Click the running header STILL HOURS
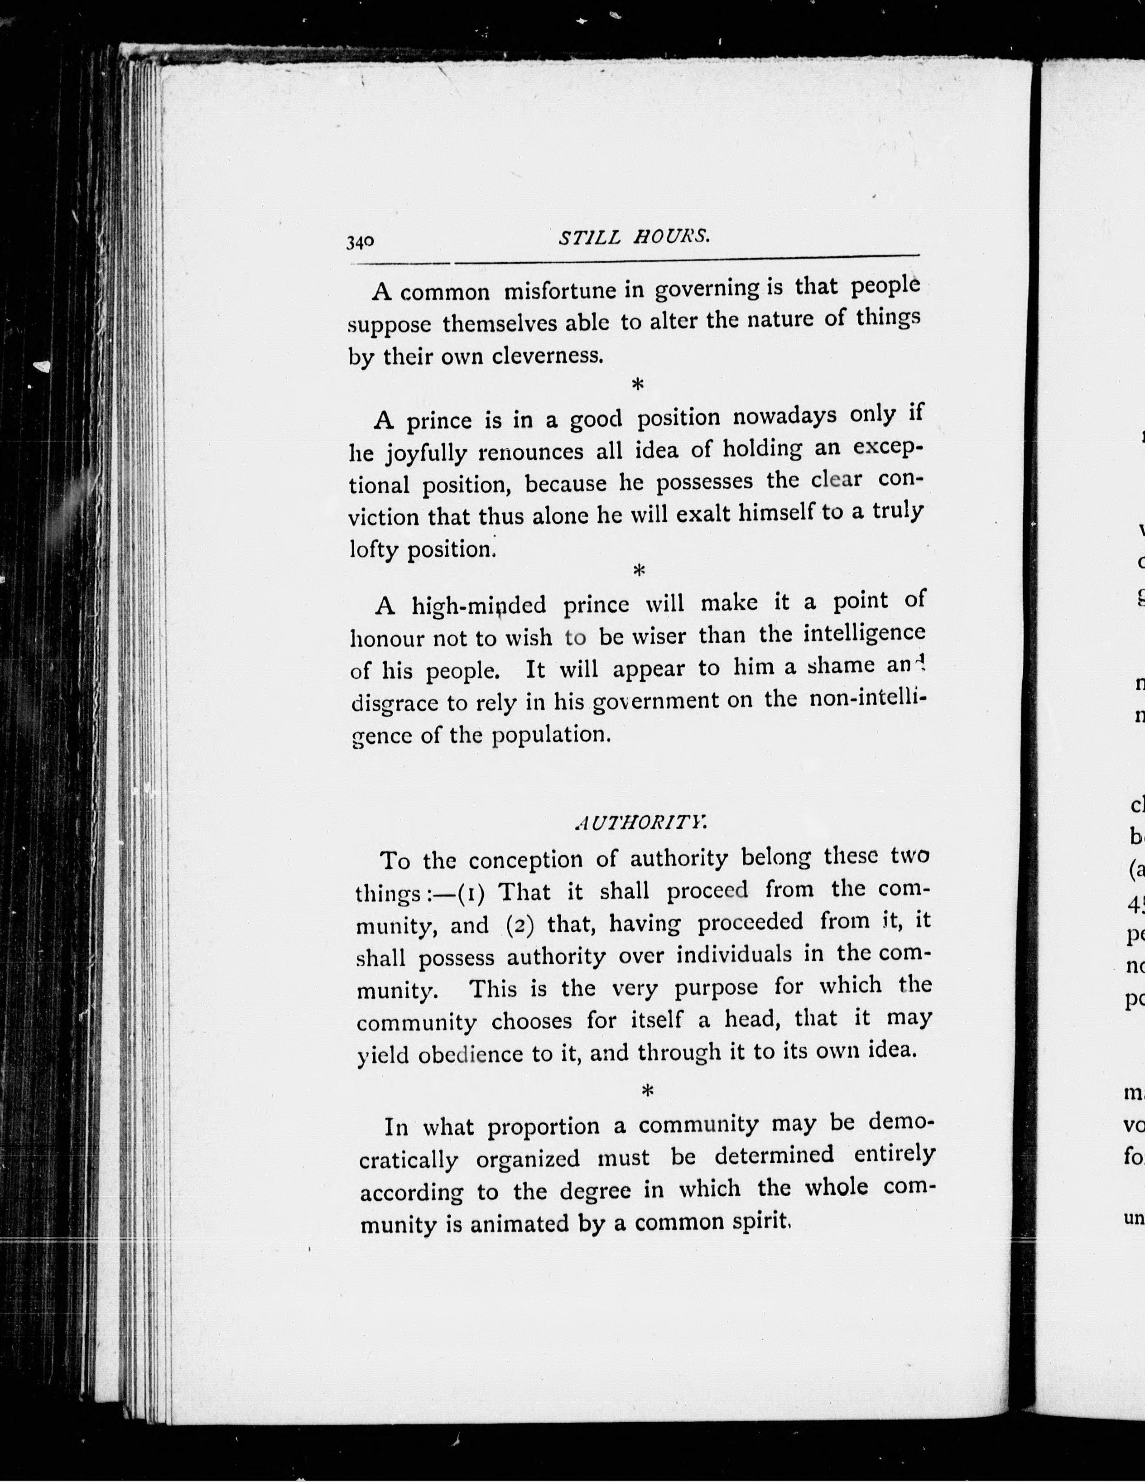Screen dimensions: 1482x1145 pos(634,237)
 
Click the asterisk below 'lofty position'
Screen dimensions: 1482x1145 pos(638,571)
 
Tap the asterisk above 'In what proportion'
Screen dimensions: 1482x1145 pos(646,1091)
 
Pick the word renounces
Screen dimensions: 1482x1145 pos(531,451)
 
